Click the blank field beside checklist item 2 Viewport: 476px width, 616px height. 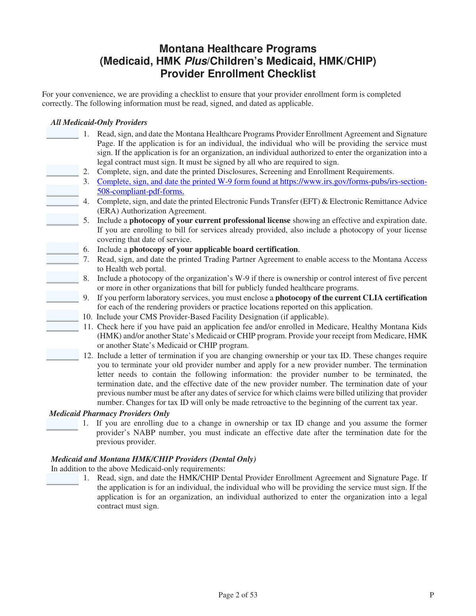point(63,171)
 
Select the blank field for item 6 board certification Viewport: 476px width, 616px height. point(63,249)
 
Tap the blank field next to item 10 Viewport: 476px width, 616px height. point(63,316)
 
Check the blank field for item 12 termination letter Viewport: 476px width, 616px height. point(63,355)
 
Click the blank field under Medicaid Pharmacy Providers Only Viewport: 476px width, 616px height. point(62,424)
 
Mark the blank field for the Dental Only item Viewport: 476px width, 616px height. point(63,479)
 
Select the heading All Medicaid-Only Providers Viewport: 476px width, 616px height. point(99,122)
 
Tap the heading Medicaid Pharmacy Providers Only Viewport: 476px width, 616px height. point(109,413)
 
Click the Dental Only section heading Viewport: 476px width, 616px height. point(153,459)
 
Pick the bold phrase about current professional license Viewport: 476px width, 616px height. point(210,221)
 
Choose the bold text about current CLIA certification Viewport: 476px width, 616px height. point(351,298)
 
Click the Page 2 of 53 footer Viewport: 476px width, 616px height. point(238,595)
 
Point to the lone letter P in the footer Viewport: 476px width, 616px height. point(432,595)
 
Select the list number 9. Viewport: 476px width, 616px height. point(86,298)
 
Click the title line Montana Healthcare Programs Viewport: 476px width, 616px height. point(238,49)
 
